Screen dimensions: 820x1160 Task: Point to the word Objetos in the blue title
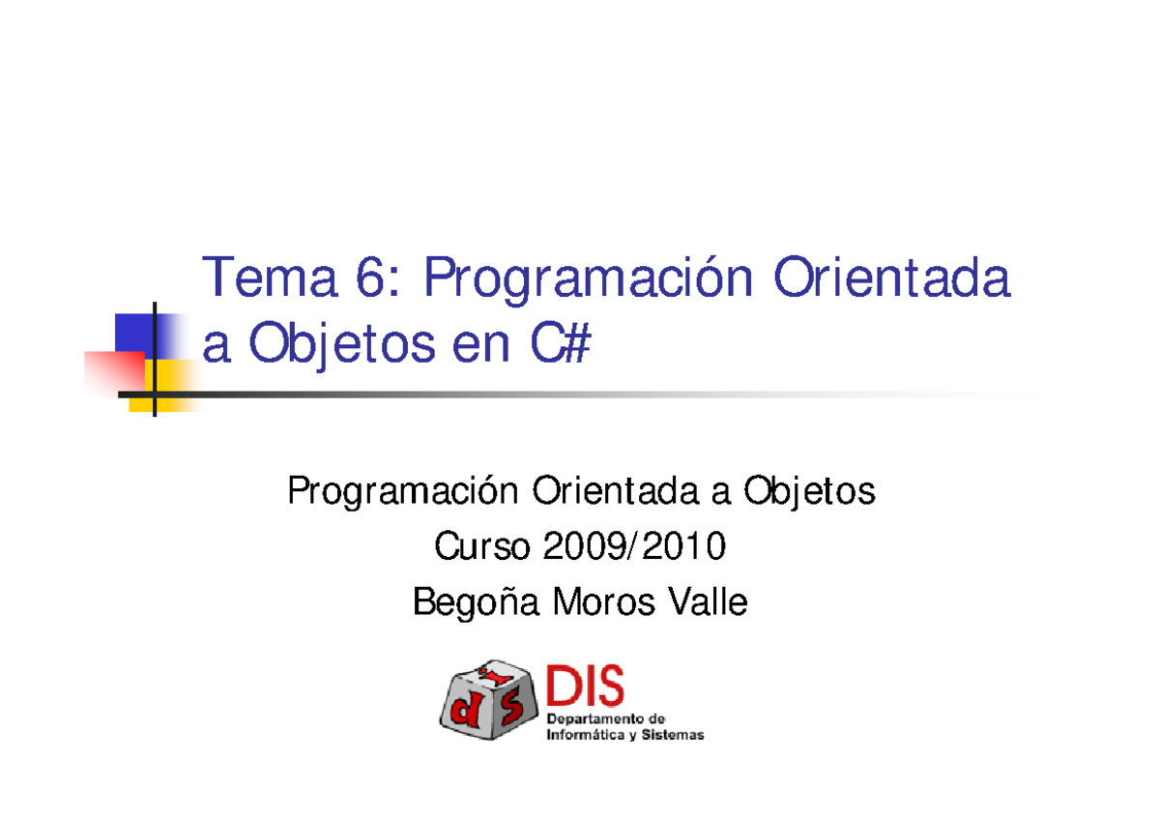tap(343, 345)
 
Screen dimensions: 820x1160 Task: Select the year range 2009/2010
tap(633, 548)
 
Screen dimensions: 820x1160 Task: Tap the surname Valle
tap(710, 603)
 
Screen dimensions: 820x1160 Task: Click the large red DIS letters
tap(585, 688)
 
